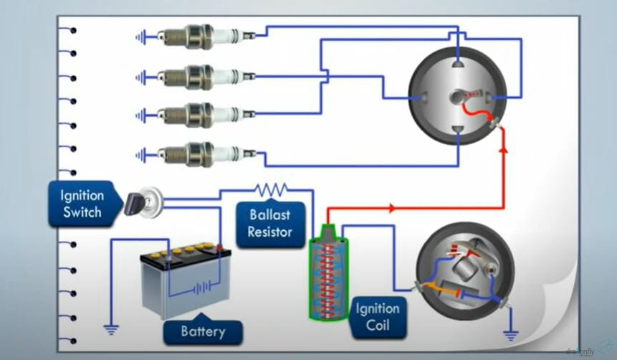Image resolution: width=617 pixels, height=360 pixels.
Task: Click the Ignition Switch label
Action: [82, 204]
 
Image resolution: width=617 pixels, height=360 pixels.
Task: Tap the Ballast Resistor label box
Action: [270, 223]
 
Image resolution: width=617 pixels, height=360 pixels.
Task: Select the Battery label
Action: [203, 331]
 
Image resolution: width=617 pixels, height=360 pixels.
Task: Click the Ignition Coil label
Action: [378, 317]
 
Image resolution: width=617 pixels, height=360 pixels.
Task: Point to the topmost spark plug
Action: [200, 36]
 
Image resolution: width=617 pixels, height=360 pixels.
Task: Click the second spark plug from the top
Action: [200, 76]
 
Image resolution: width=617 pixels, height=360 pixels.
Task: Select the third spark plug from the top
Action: [200, 115]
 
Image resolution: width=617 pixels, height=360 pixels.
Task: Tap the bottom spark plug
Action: [200, 153]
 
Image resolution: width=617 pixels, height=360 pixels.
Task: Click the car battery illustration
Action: [185, 281]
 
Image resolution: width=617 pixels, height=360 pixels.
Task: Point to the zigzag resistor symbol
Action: [271, 190]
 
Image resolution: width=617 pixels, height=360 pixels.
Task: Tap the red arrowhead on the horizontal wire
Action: [392, 208]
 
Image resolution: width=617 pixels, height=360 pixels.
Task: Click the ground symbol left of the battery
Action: [110, 330]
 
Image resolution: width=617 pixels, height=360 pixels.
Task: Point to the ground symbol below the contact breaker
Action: [510, 333]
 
